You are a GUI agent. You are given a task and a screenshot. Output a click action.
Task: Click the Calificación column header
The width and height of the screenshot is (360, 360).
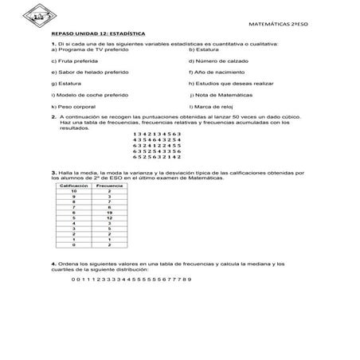pos(73,186)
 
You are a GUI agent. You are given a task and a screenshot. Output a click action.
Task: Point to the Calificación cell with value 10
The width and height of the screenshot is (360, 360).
pos(73,191)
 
